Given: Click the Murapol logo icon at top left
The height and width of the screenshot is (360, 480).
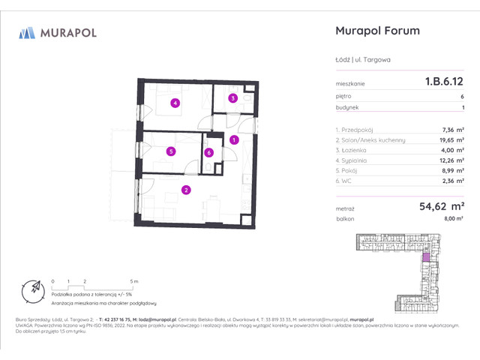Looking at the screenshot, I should pos(27,32).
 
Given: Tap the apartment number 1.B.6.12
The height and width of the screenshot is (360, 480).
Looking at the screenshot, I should pos(442,84).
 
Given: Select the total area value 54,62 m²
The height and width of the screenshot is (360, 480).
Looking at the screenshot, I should pos(439,205).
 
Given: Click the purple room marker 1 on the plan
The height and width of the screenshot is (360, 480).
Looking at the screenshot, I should pos(234,139).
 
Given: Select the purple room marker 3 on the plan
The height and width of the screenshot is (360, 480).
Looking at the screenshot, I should pos(233,98).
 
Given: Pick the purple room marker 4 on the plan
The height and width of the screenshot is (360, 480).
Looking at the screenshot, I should pos(175,103).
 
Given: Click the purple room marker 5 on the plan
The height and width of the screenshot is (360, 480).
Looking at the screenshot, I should pos(172,151).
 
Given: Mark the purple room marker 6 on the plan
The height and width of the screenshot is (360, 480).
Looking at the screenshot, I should pos(209,153).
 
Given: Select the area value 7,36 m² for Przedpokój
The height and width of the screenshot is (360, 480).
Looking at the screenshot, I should pos(452,129).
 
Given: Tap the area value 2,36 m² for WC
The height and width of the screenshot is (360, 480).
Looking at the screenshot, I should pos(452,180).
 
